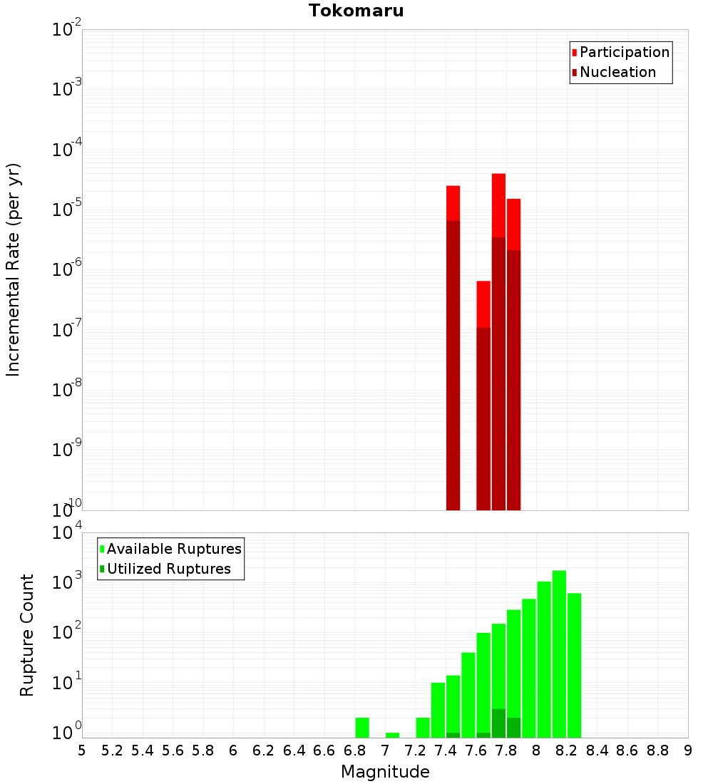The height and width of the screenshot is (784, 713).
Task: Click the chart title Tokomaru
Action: [x=356, y=11]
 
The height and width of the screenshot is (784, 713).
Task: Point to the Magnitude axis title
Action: [x=385, y=772]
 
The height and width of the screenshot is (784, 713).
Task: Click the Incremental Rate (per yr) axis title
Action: [x=14, y=270]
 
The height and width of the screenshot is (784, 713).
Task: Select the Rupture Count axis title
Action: [x=27, y=635]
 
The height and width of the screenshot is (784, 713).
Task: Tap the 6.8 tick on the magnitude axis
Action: [x=354, y=751]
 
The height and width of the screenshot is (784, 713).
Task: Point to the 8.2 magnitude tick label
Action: [x=567, y=751]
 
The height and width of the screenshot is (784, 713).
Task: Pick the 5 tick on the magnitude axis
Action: [x=82, y=751]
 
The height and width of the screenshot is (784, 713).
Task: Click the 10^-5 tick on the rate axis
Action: [x=66, y=210]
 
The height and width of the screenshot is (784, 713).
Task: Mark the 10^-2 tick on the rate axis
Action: [x=66, y=30]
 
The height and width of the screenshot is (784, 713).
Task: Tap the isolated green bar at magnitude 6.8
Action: [x=362, y=727]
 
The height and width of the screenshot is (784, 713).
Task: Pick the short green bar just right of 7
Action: [x=392, y=735]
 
